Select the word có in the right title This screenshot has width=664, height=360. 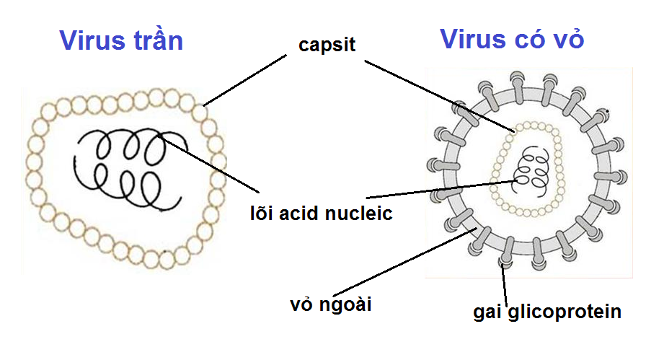526,39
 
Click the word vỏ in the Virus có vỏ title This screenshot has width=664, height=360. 565,39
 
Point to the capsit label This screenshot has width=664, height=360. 327,45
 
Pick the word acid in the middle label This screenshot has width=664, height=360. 306,214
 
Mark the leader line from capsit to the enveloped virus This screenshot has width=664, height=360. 440,97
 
